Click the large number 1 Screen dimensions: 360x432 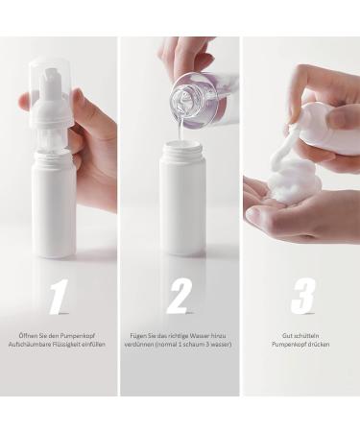60,296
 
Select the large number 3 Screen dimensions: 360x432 302,296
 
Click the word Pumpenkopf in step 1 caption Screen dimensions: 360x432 80,336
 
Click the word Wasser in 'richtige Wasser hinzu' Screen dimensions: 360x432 200,336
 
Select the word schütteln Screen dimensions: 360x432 306,336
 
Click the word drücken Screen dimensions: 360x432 319,345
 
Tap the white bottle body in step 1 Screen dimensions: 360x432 54,204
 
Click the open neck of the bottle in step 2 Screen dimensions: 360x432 181,148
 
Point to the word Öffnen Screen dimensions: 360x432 29,336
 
